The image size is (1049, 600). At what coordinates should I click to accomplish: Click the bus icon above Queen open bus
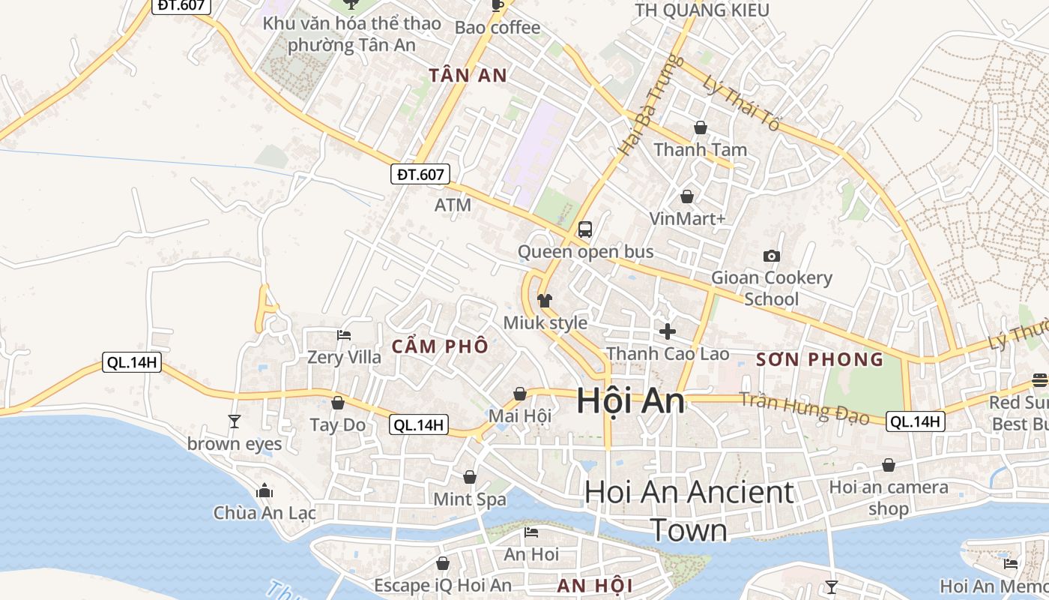[x=585, y=229]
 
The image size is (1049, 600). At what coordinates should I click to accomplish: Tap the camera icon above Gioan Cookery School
[x=771, y=256]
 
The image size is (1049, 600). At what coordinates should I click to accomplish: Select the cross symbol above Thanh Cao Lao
[x=667, y=331]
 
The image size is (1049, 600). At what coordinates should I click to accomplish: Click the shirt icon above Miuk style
[x=545, y=301]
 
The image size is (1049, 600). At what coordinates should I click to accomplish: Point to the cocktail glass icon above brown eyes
[x=235, y=421]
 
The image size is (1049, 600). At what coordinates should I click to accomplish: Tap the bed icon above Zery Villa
[x=344, y=335]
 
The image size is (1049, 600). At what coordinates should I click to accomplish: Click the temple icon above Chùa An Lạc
[x=264, y=491]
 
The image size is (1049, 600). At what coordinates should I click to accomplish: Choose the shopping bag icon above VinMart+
[x=686, y=196]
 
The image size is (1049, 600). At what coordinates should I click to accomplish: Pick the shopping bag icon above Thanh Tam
[x=700, y=127]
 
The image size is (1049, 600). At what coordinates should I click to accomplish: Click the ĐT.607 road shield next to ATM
[x=420, y=175]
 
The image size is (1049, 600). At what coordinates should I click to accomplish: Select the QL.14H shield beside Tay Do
[x=420, y=425]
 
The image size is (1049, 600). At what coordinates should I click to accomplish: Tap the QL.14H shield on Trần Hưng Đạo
[x=915, y=421]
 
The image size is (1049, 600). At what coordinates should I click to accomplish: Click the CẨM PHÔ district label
[x=440, y=346]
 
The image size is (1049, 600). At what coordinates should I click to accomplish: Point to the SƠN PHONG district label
[x=820, y=359]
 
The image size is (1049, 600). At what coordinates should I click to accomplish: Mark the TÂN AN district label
[x=468, y=75]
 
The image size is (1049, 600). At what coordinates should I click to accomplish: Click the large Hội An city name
[x=630, y=401]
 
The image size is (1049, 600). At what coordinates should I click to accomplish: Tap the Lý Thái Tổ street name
[x=740, y=103]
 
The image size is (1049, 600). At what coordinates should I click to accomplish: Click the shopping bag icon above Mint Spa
[x=470, y=477]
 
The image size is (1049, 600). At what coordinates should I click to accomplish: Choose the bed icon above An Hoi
[x=531, y=532]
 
